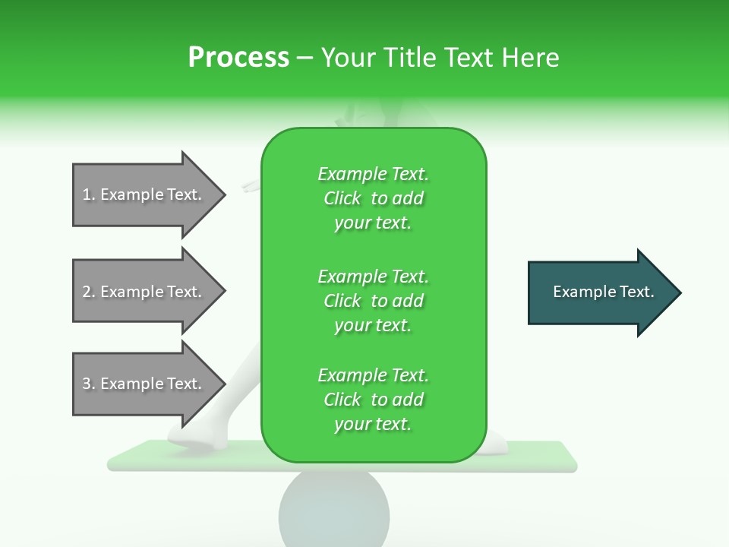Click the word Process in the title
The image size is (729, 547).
238,58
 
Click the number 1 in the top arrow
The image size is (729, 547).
87,194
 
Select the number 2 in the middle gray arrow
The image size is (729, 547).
87,292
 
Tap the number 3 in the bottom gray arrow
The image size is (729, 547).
87,384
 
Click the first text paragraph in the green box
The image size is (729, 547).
374,198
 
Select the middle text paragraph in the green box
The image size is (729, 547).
374,300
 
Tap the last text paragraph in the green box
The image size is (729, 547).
374,400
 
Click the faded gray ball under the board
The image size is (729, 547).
334,509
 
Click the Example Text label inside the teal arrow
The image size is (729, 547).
604,292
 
